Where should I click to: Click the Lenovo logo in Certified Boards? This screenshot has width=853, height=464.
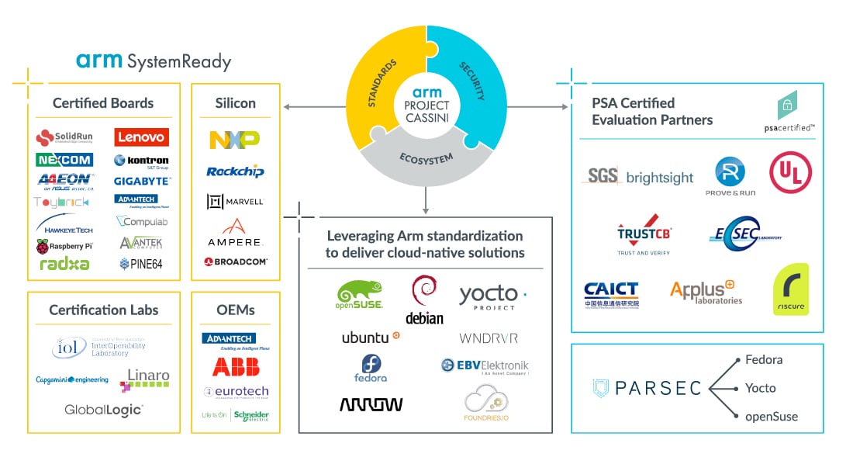142,137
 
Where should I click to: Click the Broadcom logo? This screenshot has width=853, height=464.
235,262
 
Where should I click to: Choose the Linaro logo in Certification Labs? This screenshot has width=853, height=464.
145,379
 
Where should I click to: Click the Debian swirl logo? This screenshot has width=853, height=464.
423,299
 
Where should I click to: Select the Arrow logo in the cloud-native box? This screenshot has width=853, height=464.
371,404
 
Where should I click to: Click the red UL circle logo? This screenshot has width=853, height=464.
790,172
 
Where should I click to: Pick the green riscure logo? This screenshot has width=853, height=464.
790,289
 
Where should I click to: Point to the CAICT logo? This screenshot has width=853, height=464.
611,294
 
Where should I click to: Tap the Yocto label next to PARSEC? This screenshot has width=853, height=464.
760,388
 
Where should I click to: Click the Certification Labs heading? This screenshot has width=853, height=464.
103,310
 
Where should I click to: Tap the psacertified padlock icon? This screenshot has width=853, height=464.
787,105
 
